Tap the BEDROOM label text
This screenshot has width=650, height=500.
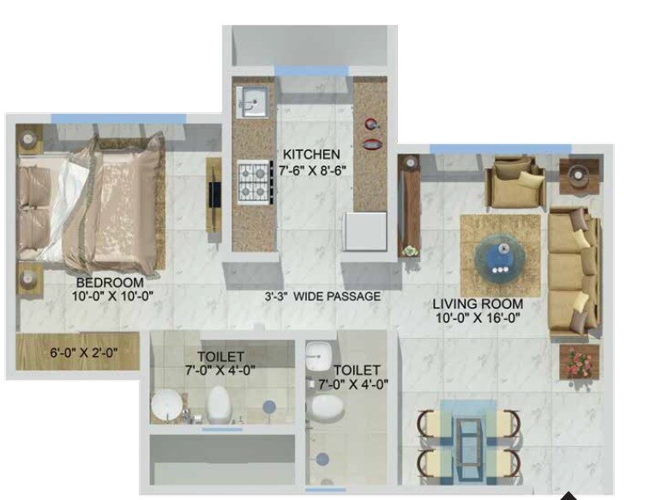[x=110, y=281]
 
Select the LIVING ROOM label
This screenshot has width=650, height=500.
[x=478, y=304]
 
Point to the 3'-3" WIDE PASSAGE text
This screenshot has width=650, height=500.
[x=322, y=297]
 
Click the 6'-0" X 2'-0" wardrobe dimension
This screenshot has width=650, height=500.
[x=83, y=352]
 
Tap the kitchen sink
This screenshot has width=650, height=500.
[x=251, y=102]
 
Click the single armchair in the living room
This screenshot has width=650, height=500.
[x=515, y=184]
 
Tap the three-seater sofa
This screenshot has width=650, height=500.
[x=572, y=269]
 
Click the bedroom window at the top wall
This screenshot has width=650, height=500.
[x=117, y=118]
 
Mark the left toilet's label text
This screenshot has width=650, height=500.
[x=220, y=356]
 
